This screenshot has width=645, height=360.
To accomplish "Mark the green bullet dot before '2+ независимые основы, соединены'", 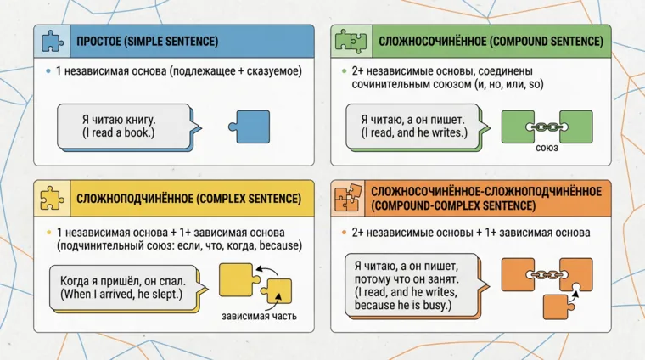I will pos(343,71).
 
